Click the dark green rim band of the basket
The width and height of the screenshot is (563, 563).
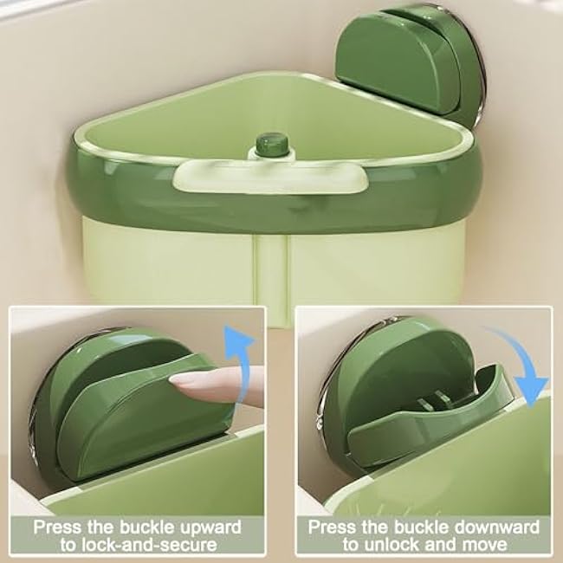tap(173, 195)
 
